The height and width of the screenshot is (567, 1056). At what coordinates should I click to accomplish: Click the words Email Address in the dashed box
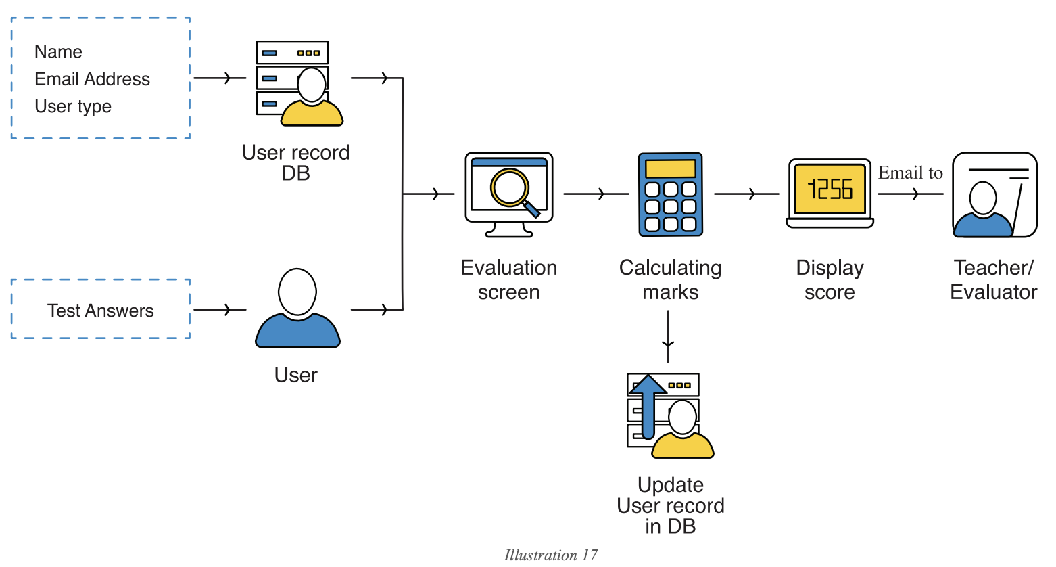(92, 79)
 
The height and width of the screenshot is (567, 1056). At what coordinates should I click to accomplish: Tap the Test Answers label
(100, 311)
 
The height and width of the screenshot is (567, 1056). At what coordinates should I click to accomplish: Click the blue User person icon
(297, 309)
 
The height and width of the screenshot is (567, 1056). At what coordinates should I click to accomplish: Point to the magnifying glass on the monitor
(512, 189)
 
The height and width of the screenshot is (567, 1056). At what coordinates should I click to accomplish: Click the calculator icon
(670, 194)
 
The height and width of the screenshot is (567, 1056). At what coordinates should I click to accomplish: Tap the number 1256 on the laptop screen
(830, 189)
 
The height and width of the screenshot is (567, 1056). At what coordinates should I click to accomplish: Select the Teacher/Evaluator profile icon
(994, 195)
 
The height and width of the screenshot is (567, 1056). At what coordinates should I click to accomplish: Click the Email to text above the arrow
(910, 173)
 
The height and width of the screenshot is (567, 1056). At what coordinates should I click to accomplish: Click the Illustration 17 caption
(550, 555)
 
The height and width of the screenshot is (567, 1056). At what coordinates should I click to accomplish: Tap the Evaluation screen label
(508, 280)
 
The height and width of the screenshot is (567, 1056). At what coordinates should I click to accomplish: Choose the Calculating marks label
(670, 280)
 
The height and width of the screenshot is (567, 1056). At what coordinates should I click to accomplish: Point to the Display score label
(830, 280)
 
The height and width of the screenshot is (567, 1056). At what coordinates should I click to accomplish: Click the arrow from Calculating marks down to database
(668, 337)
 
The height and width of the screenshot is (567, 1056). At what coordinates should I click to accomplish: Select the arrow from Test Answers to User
(220, 310)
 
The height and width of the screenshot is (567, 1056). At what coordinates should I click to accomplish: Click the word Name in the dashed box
(58, 52)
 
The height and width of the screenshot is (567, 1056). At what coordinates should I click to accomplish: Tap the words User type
(73, 106)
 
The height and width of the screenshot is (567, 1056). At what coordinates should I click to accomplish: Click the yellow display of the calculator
(670, 168)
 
